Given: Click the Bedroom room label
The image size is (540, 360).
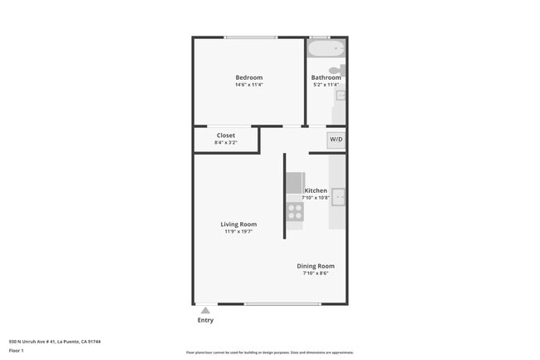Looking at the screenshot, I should [248, 77].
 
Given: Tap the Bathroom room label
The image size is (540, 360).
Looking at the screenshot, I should [326, 77].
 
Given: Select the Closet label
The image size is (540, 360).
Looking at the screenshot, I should [226, 135].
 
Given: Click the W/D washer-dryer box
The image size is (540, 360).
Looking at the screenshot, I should [336, 140].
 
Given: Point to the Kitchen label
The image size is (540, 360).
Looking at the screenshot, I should [316, 190].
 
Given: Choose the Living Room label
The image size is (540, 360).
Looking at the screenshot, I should [238, 224].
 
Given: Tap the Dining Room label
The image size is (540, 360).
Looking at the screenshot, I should [316, 266].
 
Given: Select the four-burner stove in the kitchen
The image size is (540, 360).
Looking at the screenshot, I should [295, 211].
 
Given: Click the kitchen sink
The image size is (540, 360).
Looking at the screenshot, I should [339, 197].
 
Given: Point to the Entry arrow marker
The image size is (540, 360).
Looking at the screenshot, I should [205, 310].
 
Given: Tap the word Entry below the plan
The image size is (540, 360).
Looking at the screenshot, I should [205, 320].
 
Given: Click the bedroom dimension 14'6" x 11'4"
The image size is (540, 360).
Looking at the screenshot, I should [248, 85].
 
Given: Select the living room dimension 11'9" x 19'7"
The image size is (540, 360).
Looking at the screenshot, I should [238, 232].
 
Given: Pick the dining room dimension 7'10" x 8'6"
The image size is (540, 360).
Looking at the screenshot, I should [316, 274].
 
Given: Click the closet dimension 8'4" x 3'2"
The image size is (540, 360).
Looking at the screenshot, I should [226, 142].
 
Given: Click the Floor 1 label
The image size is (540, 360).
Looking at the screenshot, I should [16, 350].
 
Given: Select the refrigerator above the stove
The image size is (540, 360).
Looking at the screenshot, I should [295, 182].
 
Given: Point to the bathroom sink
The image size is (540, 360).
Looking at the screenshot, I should [341, 96].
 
